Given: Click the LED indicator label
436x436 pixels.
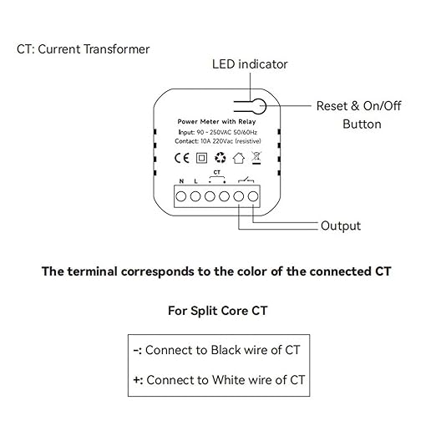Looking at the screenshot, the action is tap(250, 64).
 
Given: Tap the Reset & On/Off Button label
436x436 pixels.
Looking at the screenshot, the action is tap(359, 115).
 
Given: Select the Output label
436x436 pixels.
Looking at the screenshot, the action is tap(341, 226).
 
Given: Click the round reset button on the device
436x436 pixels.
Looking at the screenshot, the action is tap(259, 106).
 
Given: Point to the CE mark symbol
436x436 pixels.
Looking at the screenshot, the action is tap(181, 158).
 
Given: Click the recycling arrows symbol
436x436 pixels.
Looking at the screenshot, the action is tap(221, 158).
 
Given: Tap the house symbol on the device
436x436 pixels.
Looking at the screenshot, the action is tap(239, 158).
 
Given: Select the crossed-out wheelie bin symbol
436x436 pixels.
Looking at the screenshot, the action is tap(256, 158).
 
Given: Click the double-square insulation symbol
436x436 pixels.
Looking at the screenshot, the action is tap(201, 158).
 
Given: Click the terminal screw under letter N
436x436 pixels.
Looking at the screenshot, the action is tap(181, 196).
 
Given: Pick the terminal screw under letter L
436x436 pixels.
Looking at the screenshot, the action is tap(195, 196).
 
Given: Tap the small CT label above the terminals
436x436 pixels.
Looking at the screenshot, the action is tap(217, 173).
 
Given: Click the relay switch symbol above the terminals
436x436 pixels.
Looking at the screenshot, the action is tap(246, 180).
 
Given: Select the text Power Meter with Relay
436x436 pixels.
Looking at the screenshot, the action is tap(216, 122).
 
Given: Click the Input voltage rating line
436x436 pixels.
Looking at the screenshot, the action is tap(218, 132).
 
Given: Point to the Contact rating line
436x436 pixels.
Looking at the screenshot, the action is tap(218, 141).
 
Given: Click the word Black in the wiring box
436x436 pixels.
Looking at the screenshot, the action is tap(226, 350).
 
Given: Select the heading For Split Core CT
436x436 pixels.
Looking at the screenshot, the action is tap(218, 311).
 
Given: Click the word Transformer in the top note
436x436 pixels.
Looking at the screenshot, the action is tap(116, 49).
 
